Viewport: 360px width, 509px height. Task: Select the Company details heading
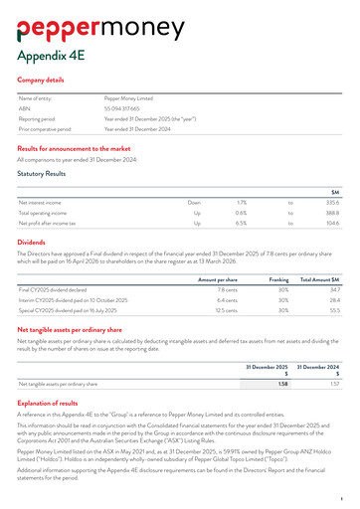pos(41,79)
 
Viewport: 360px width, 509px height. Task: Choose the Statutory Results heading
pos(42,173)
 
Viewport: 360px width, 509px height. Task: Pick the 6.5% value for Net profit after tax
pos(241,224)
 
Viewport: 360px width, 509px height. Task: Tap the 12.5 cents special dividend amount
pos(227,311)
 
